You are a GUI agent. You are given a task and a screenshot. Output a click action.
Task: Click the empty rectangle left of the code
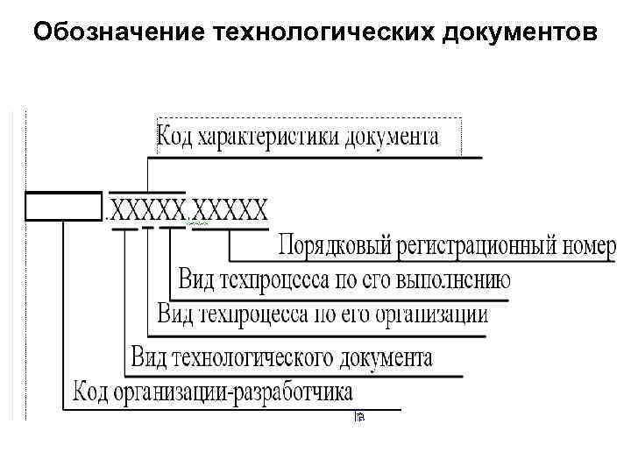(x=64, y=206)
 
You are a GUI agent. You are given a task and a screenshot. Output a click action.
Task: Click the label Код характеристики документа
(x=297, y=138)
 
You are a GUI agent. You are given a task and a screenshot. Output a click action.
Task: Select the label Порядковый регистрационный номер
(x=448, y=246)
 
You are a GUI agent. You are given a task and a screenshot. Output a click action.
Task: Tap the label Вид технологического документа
(x=281, y=357)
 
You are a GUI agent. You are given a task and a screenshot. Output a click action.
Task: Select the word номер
(x=592, y=246)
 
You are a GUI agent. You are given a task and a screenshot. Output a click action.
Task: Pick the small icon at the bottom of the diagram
(x=359, y=418)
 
